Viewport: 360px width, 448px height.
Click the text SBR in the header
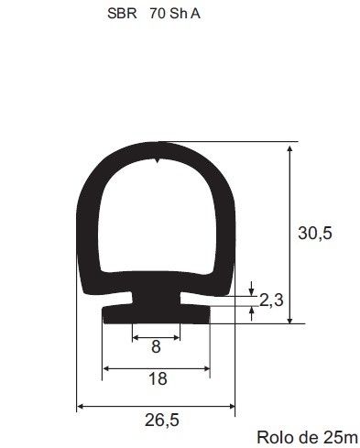coord(122,14)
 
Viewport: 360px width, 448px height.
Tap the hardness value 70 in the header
coord(158,14)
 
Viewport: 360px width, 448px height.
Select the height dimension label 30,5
coord(315,234)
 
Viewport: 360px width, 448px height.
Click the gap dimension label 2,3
coord(271,300)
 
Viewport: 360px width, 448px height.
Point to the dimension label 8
coord(156,347)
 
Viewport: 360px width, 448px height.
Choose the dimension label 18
coord(158,379)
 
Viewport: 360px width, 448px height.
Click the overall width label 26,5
coord(161,421)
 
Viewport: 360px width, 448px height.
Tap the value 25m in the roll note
coord(339,438)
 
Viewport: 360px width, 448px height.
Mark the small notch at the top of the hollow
coord(157,160)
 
